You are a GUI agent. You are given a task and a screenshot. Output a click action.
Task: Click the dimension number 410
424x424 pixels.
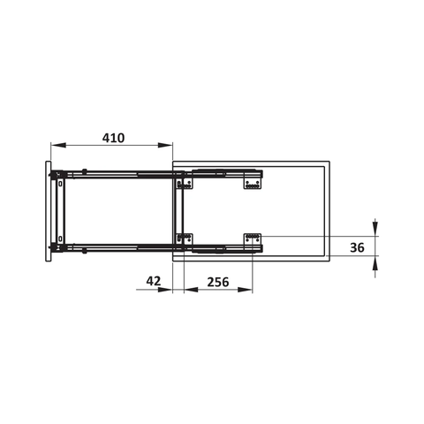click(x=112, y=138)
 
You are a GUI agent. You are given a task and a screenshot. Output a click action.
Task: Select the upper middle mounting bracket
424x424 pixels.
click(x=185, y=183)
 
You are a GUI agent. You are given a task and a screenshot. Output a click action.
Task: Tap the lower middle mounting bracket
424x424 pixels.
click(x=185, y=238)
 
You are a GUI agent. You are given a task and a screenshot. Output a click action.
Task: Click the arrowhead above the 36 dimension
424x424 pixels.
click(x=376, y=231)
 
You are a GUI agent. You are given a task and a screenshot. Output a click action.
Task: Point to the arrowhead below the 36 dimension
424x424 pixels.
click(x=376, y=262)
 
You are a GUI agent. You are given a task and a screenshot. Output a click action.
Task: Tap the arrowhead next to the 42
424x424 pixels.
click(x=168, y=291)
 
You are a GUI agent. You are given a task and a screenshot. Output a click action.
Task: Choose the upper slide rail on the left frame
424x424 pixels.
click(x=115, y=172)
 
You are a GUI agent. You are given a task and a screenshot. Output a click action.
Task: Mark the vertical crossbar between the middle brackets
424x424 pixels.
click(x=180, y=210)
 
